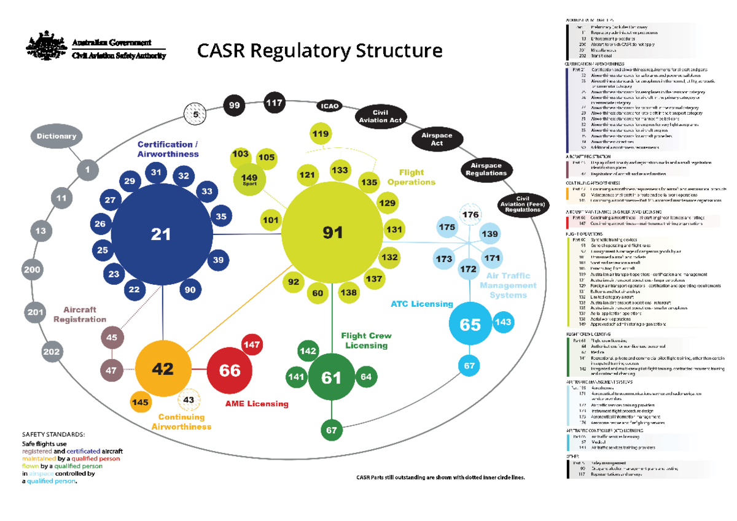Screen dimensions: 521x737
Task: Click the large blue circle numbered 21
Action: (161, 234)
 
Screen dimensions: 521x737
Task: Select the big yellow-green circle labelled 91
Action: (333, 232)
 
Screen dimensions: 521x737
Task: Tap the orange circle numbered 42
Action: (163, 369)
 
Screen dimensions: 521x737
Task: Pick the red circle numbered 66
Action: (230, 371)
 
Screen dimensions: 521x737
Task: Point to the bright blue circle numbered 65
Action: (470, 324)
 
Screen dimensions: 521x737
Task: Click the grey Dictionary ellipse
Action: (55, 136)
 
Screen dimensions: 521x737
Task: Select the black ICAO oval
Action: (329, 106)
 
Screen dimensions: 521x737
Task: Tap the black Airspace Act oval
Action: (437, 139)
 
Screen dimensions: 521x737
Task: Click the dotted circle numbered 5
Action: (196, 114)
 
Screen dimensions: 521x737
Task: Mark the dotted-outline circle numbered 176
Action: (471, 215)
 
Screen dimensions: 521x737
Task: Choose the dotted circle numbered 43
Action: (189, 400)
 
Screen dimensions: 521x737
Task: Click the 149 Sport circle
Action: (250, 180)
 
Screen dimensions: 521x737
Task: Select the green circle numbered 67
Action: (332, 430)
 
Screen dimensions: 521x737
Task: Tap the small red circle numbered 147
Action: (252, 345)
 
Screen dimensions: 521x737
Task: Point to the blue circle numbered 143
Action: (503, 322)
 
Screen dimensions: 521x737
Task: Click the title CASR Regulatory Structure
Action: (319, 50)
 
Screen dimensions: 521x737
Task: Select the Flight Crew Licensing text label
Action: (366, 341)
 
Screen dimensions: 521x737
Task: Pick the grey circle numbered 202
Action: (52, 352)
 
